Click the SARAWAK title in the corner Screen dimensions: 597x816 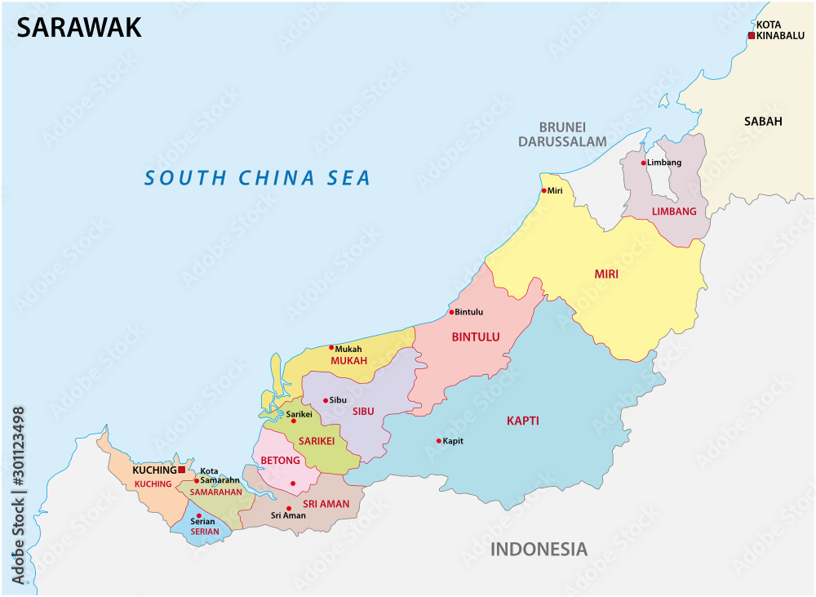[79, 27]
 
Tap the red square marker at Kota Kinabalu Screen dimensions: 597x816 [752, 36]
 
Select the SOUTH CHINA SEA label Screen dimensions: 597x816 [257, 177]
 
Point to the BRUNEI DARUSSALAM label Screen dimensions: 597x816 [573, 134]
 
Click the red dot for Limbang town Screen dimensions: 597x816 [643, 163]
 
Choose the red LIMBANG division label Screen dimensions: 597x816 [674, 212]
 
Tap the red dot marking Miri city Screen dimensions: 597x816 [544, 191]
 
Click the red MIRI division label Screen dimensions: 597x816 [606, 274]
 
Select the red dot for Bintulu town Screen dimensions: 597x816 [451, 312]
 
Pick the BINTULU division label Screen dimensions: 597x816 [475, 336]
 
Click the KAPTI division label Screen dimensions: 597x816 [522, 421]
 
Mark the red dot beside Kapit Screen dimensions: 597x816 [439, 441]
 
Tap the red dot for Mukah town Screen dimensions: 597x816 [331, 348]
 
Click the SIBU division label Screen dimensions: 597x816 [363, 412]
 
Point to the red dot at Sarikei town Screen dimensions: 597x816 [294, 421]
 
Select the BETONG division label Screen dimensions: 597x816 [280, 461]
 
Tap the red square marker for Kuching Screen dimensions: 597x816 [182, 470]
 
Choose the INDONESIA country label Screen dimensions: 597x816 [538, 549]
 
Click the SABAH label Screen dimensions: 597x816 [763, 121]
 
